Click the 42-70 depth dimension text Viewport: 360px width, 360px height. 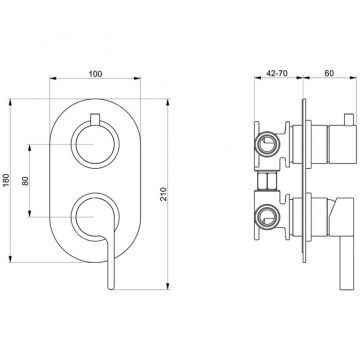[x=263, y=73]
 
